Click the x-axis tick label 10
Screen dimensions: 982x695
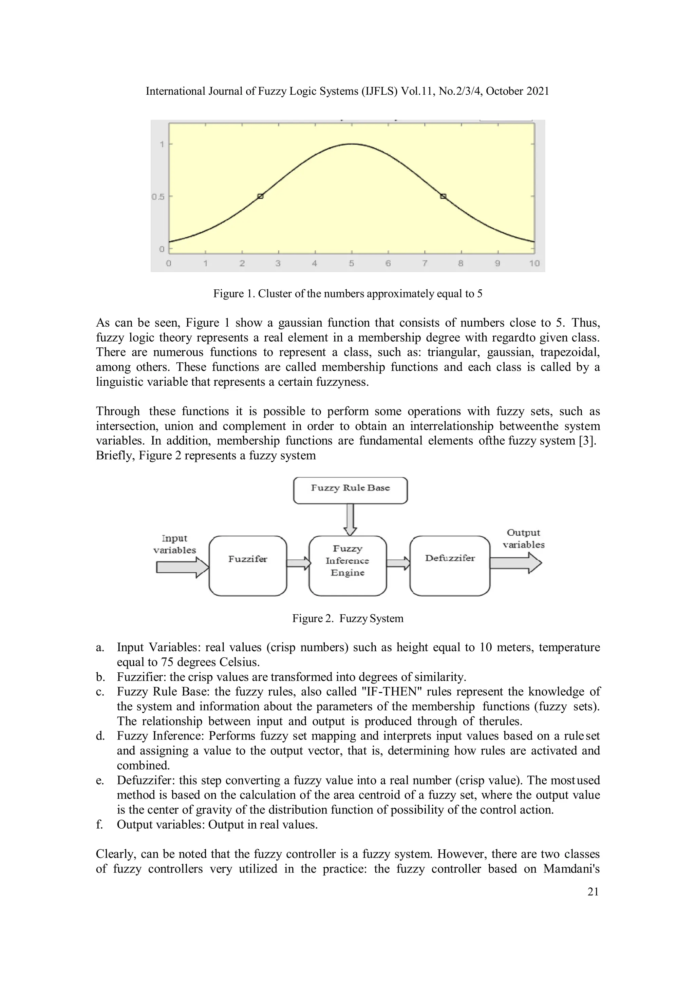coord(534,264)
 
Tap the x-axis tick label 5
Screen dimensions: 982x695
coord(351,264)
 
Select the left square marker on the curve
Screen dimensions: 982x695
coord(261,196)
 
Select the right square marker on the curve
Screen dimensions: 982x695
coord(443,196)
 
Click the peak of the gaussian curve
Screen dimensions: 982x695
coord(351,144)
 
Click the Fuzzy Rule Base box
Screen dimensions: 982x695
coord(350,490)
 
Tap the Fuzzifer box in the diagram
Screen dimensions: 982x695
coord(247,565)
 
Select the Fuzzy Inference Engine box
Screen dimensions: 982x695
coord(347,565)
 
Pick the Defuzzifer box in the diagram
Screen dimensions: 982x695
coord(449,565)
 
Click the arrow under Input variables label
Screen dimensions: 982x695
coord(182,567)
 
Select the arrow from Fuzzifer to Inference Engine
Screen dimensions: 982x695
coord(298,563)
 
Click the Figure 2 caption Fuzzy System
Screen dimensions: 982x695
coord(347,618)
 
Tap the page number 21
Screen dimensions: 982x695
coord(593,891)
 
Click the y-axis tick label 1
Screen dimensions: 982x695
coord(162,145)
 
